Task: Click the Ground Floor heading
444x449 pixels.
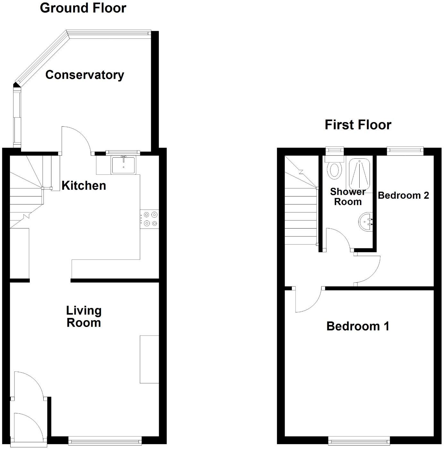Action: pos(83,8)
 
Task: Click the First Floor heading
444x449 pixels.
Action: pos(358,125)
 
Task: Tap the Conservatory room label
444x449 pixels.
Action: pos(85,75)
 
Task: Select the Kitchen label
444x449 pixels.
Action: pos(84,186)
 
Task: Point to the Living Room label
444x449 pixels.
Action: pos(84,316)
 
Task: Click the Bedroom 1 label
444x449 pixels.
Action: pos(358,326)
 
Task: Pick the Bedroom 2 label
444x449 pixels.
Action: pos(403,195)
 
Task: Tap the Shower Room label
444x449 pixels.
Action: pos(348,196)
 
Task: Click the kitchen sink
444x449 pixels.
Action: pos(124,165)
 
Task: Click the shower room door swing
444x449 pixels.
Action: pos(338,239)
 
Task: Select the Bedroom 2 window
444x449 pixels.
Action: pos(405,150)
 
